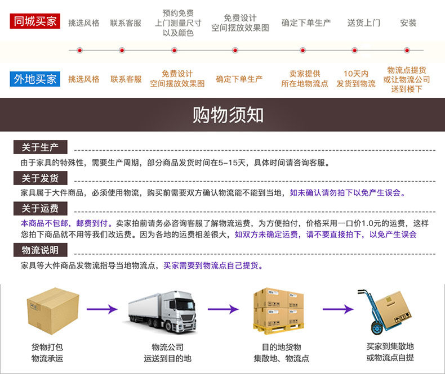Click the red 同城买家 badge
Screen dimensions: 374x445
coord(35,21)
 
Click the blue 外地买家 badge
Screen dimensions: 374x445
coord(35,79)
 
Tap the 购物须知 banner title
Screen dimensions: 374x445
coord(228,114)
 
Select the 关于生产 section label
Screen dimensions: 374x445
coord(40,147)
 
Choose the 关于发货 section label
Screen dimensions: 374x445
coord(40,178)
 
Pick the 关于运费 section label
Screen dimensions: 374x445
coord(40,209)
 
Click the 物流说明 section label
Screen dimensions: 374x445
coord(40,250)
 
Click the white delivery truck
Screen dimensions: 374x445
coord(162,310)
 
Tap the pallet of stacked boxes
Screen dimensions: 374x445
coord(278,310)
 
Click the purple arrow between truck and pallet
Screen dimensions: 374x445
coord(223,309)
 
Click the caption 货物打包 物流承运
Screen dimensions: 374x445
coord(47,353)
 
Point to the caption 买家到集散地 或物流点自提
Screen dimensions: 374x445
coord(390,352)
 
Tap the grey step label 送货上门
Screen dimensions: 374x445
coord(363,23)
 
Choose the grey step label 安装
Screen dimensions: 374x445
coord(408,23)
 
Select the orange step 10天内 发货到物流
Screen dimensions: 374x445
coord(356,79)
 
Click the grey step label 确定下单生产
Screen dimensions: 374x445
coord(306,23)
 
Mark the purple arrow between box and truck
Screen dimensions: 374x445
coord(101,309)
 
